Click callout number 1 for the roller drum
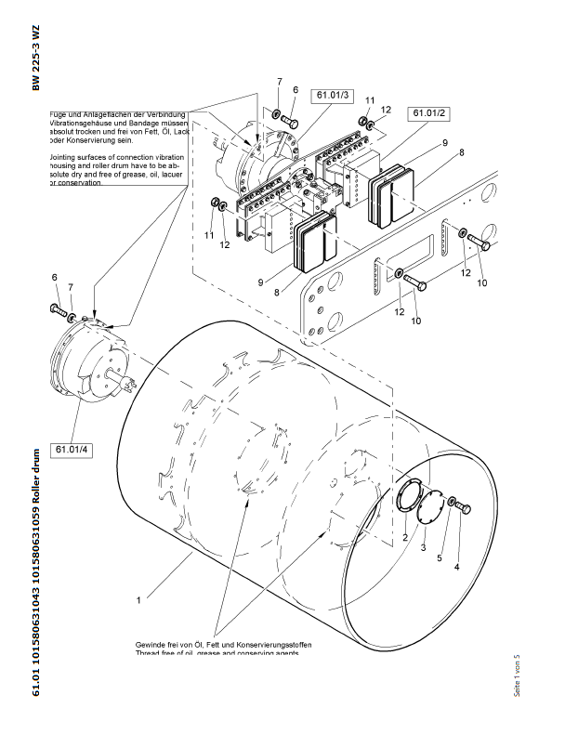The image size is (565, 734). click(x=137, y=601)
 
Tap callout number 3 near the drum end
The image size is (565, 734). click(x=423, y=549)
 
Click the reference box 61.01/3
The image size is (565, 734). click(x=333, y=95)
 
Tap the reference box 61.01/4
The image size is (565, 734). click(x=72, y=450)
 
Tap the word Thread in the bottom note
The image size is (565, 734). click(x=151, y=654)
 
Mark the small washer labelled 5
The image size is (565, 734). click(x=452, y=503)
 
